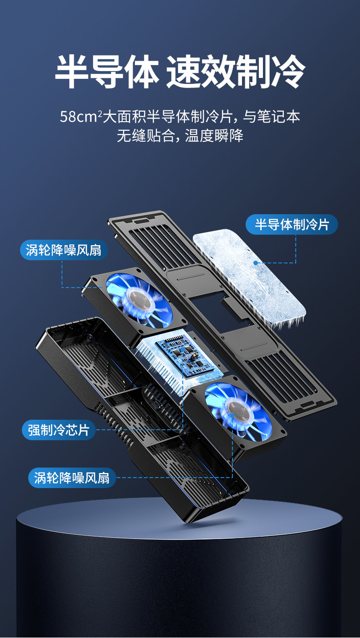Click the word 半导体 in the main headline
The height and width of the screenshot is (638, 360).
click(108, 72)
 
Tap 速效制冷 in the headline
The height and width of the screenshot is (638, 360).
click(235, 72)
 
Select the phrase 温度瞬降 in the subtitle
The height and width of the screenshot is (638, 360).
click(214, 136)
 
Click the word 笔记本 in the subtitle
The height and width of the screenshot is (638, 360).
click(281, 117)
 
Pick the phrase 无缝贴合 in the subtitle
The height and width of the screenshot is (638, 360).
click(146, 136)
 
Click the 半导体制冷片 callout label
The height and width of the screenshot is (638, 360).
click(292, 224)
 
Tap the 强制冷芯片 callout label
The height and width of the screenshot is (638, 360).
click(59, 430)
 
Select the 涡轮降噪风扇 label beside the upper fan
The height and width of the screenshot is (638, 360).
click(63, 250)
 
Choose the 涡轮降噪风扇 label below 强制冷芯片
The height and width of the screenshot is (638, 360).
click(72, 478)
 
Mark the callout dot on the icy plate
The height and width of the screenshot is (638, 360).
click(256, 263)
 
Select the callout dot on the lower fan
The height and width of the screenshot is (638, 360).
click(232, 416)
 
